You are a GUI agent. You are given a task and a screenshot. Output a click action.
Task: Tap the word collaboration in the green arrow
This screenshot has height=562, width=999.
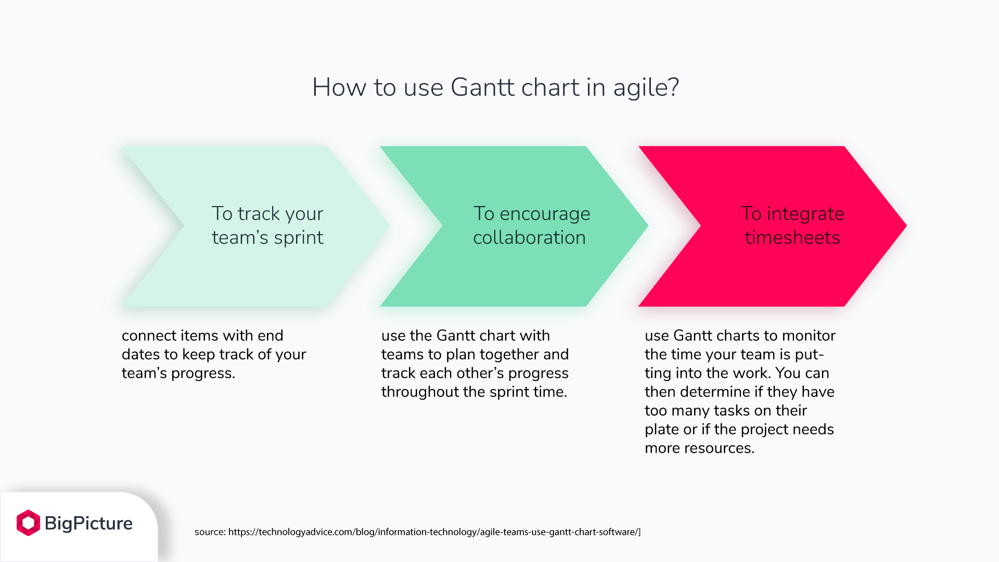point(529,238)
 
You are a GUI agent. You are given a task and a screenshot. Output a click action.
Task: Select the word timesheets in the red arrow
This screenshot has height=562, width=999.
point(792,238)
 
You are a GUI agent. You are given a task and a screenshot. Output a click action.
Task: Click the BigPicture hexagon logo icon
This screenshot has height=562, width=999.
point(28,522)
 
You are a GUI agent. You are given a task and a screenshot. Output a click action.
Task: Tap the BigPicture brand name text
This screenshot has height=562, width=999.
point(88,523)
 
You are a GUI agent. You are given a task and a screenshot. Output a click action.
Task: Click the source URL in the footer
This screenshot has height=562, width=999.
point(434,532)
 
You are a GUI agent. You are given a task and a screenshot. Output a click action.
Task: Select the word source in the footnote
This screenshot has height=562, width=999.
point(209,532)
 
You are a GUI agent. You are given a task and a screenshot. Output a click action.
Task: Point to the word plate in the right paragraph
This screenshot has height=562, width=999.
point(661,430)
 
